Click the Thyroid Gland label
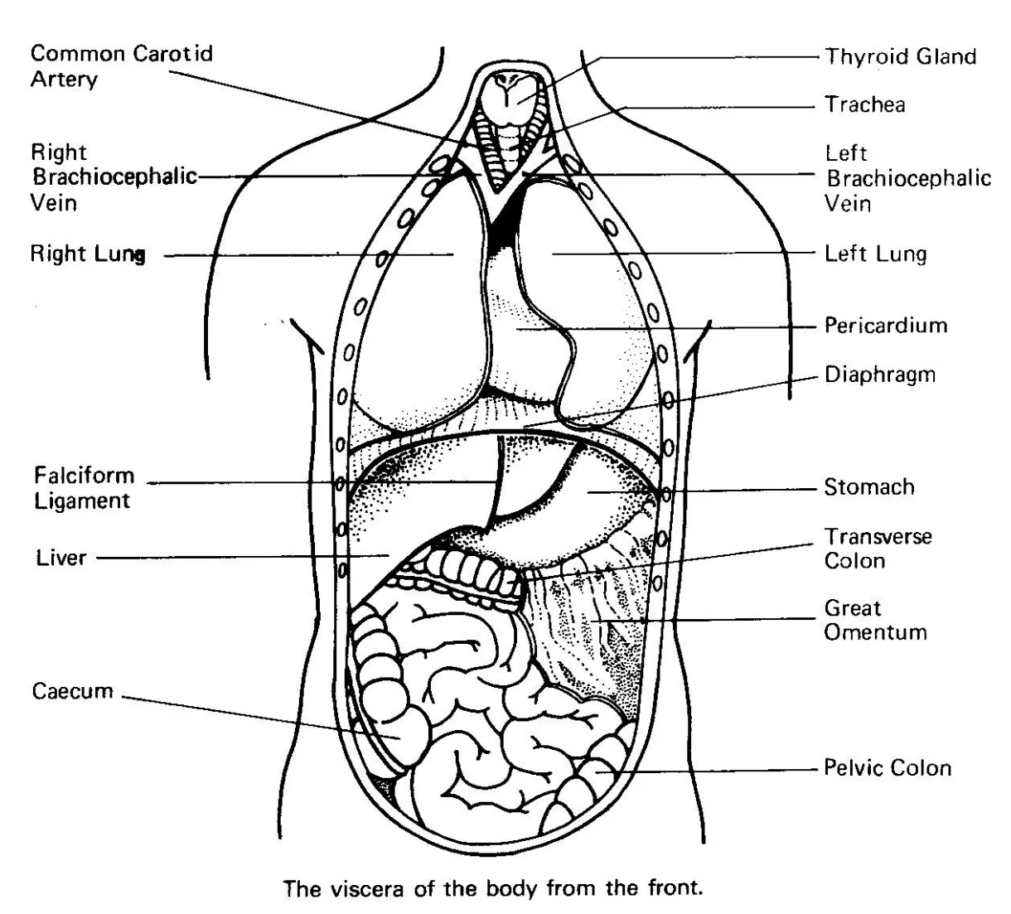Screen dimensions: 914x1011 click(900, 56)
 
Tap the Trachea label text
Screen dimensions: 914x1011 click(864, 104)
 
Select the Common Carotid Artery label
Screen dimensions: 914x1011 click(122, 66)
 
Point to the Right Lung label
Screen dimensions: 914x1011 click(88, 254)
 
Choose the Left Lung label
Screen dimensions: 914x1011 click(875, 254)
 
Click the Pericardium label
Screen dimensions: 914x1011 click(885, 324)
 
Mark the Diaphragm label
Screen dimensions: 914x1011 click(879, 375)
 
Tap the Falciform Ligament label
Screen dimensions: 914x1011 click(84, 488)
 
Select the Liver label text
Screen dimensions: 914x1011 click(60, 558)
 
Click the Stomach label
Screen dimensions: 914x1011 click(868, 486)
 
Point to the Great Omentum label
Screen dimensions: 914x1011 click(874, 620)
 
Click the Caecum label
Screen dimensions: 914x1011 click(73, 691)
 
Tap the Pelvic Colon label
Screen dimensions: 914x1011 click(887, 767)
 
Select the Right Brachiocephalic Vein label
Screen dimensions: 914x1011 click(114, 177)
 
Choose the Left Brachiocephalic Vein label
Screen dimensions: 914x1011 click(907, 177)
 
